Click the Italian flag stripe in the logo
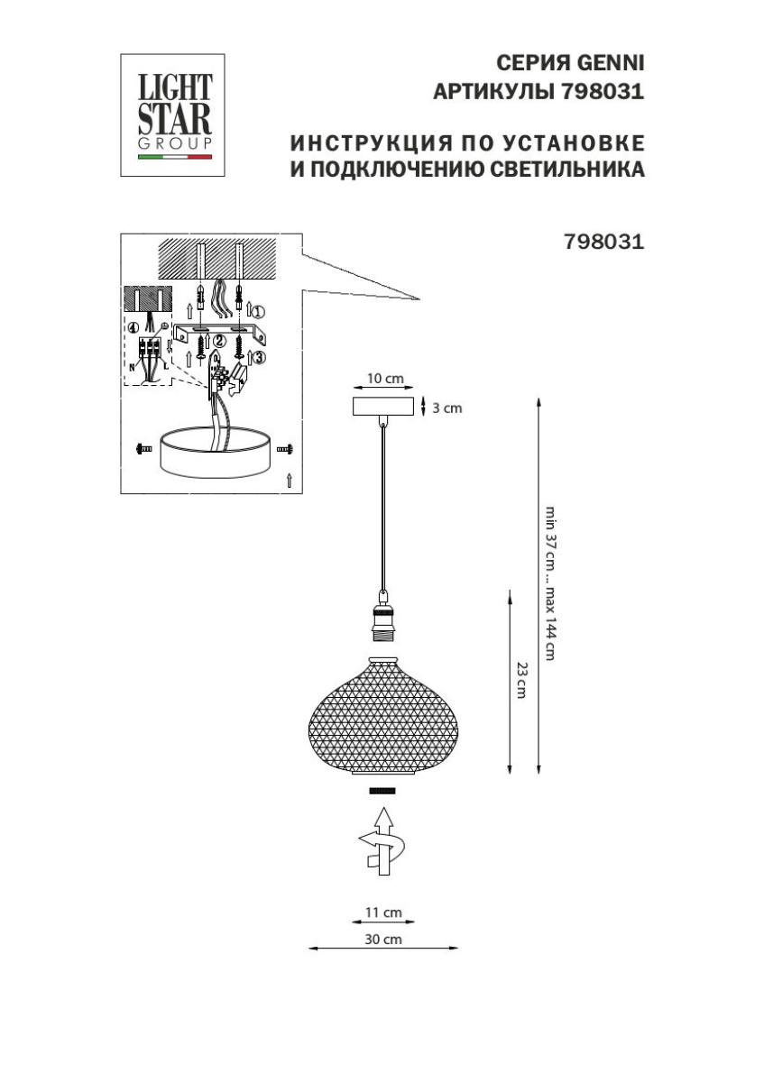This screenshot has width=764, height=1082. pyautogui.click(x=175, y=157)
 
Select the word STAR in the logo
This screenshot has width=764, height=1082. pyautogui.click(x=175, y=119)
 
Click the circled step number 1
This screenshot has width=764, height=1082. pyautogui.click(x=259, y=312)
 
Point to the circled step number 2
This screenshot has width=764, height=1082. pyautogui.click(x=219, y=342)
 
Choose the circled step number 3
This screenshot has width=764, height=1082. pyautogui.click(x=260, y=357)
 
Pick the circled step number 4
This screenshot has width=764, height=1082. pyautogui.click(x=134, y=328)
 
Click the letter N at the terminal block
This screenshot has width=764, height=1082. pyautogui.click(x=132, y=367)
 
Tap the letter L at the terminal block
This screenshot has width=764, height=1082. pyautogui.click(x=166, y=367)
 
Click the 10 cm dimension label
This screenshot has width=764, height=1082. pyautogui.click(x=385, y=378)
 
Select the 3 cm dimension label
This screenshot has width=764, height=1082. pyautogui.click(x=446, y=408)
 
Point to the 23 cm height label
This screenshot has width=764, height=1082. pyautogui.click(x=521, y=680)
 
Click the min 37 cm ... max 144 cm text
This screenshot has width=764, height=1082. pyautogui.click(x=550, y=583)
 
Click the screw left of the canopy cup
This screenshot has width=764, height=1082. pyautogui.click(x=144, y=449)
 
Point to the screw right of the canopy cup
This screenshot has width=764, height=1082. pyautogui.click(x=285, y=449)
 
